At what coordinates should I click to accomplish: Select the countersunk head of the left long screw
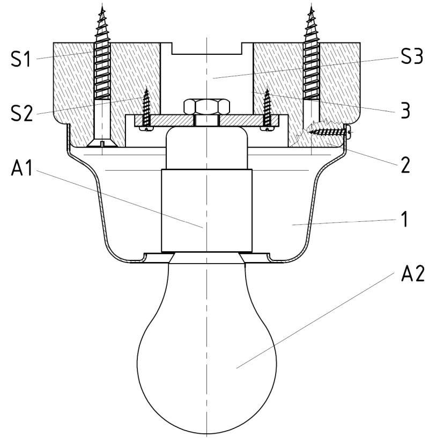click(x=101, y=144)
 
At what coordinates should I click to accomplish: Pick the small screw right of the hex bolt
click(x=267, y=110)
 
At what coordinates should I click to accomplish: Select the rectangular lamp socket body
click(x=206, y=209)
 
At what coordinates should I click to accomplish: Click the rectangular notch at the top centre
click(x=206, y=48)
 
